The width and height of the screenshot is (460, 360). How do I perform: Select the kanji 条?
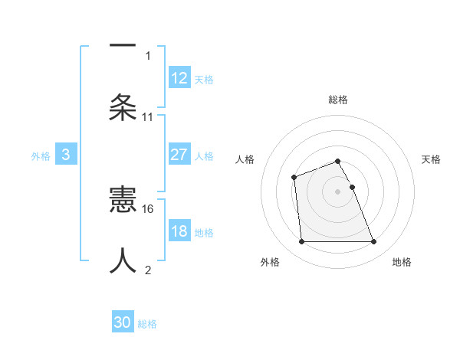pos(123,107)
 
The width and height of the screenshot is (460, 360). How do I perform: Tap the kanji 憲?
pos(123,201)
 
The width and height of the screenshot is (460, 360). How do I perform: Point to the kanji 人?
pos(123,260)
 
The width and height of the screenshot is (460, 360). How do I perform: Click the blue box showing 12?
pos(179,78)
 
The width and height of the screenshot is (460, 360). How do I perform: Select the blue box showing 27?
pos(179,155)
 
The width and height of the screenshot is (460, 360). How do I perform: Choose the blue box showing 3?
pos(66,155)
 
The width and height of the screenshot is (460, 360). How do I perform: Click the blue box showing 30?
pos(123,322)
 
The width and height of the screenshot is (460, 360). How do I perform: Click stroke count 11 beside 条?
pos(148,116)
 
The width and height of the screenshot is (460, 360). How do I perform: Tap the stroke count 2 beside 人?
pos(148,270)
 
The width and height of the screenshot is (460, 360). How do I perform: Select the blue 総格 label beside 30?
pos(147,324)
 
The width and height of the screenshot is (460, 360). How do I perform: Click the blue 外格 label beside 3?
pos(41,156)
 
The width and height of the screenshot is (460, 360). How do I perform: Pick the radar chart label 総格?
pos(338,100)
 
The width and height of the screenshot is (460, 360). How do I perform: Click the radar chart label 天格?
pos(431,159)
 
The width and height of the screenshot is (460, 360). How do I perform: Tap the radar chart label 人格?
pos(245,159)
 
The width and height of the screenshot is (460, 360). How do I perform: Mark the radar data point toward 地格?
pos(373,242)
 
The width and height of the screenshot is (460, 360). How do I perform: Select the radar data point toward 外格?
pos(301,242)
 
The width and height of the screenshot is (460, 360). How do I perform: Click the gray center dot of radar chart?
pos(337,191)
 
